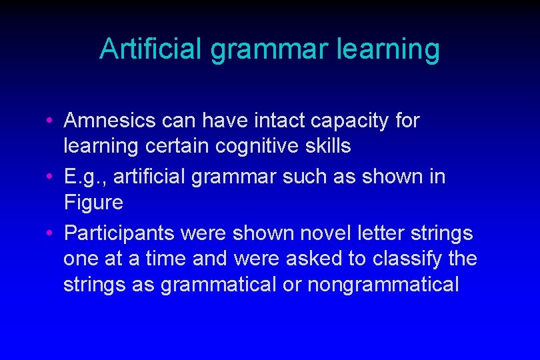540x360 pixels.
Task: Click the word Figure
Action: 94,202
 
